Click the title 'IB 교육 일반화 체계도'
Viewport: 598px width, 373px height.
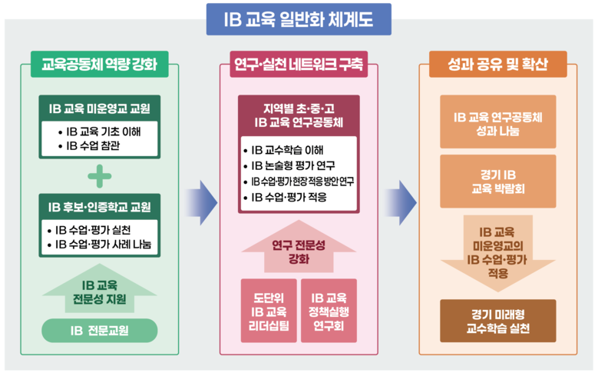(x=299, y=19)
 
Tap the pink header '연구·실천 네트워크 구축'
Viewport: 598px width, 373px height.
(x=298, y=65)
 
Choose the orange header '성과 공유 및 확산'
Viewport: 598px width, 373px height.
(x=498, y=65)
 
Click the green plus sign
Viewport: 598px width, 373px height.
(x=99, y=176)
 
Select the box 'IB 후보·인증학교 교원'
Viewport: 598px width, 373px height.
(x=99, y=207)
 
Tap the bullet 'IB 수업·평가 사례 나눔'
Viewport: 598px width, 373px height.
(x=103, y=245)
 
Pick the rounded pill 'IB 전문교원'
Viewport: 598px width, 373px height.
(x=98, y=331)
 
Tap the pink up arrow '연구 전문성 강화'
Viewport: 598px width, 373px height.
(x=298, y=251)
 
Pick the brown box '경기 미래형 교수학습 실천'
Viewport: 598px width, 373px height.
(x=497, y=321)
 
